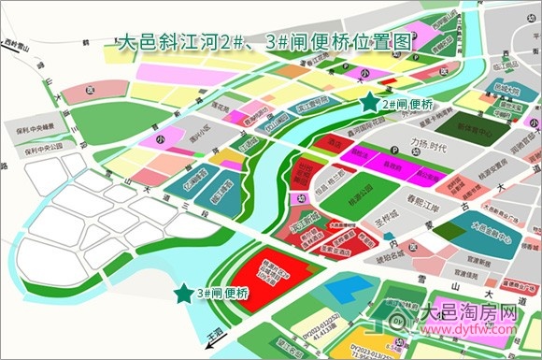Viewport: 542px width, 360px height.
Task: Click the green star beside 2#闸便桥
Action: point(371,102)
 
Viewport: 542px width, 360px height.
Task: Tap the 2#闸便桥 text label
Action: point(409,104)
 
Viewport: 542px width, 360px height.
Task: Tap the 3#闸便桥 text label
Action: point(223,293)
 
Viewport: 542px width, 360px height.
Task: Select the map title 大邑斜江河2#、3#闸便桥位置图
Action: point(265,42)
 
